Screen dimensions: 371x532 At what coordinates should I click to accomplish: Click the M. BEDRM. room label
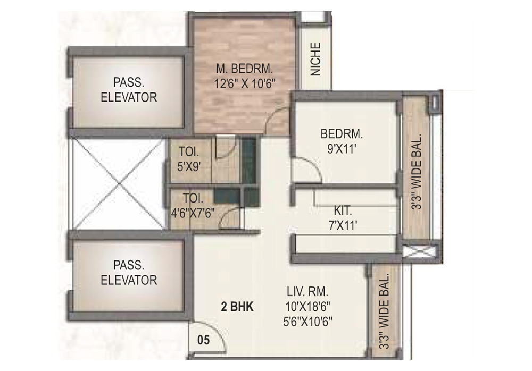click(244, 69)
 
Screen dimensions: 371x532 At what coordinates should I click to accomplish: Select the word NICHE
click(315, 59)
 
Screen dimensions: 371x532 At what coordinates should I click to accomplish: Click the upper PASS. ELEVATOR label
click(129, 90)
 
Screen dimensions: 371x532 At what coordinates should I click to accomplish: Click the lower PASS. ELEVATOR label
click(129, 272)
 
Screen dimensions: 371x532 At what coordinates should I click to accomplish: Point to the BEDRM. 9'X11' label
click(341, 141)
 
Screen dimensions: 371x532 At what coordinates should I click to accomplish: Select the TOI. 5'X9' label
click(189, 159)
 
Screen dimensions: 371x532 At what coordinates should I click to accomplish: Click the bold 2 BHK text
click(237, 307)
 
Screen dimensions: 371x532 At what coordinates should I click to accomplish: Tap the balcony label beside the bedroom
click(418, 171)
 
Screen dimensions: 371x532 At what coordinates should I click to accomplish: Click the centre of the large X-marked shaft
click(118, 183)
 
